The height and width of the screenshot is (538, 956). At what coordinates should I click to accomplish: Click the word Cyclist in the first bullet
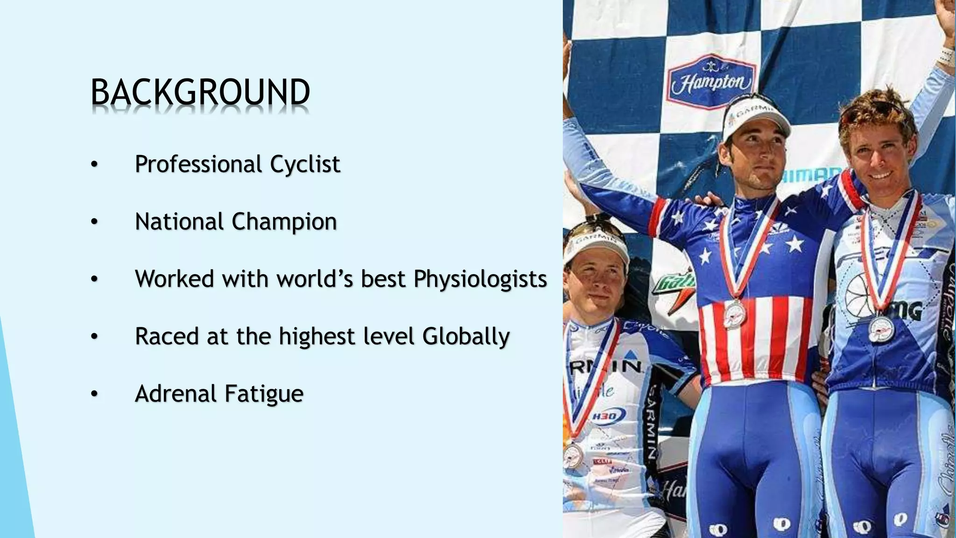pyautogui.click(x=305, y=164)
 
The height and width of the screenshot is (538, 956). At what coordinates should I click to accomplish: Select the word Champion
pyautogui.click(x=284, y=222)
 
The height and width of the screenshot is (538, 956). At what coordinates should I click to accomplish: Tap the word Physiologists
pyautogui.click(x=480, y=279)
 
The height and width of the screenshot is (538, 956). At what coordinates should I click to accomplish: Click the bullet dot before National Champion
pyautogui.click(x=94, y=222)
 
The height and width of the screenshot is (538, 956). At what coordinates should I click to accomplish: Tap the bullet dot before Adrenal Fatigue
pyautogui.click(x=94, y=394)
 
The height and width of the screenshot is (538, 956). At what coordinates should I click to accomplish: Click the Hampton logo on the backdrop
pyautogui.click(x=711, y=82)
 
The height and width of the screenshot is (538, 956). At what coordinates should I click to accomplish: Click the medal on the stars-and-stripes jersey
pyautogui.click(x=735, y=314)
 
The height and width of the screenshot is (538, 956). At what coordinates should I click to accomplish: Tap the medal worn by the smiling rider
pyautogui.click(x=881, y=329)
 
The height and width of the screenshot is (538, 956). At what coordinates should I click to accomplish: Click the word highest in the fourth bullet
pyautogui.click(x=317, y=336)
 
